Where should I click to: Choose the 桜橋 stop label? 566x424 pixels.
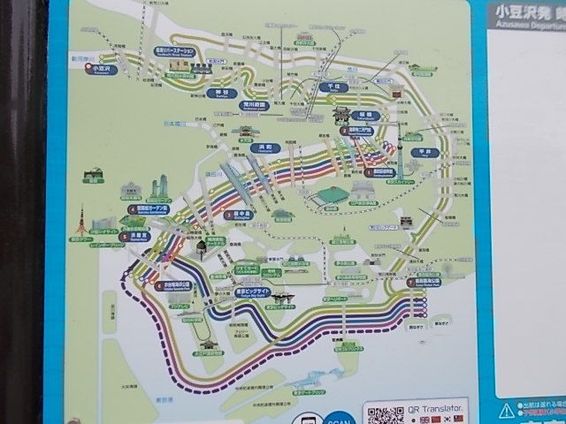pos(363,115)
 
